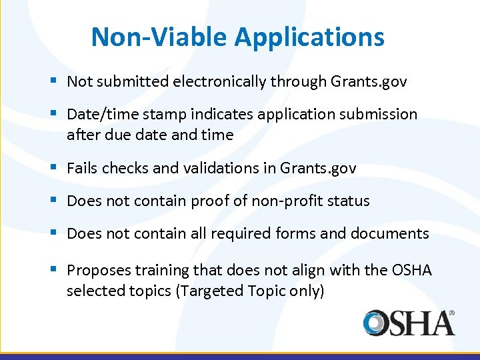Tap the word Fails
[x=81, y=169]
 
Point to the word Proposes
[x=97, y=271]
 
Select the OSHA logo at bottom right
[x=409, y=323]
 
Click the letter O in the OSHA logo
[x=375, y=323]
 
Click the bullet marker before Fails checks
[x=53, y=168]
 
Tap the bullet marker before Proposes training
[x=53, y=270]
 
